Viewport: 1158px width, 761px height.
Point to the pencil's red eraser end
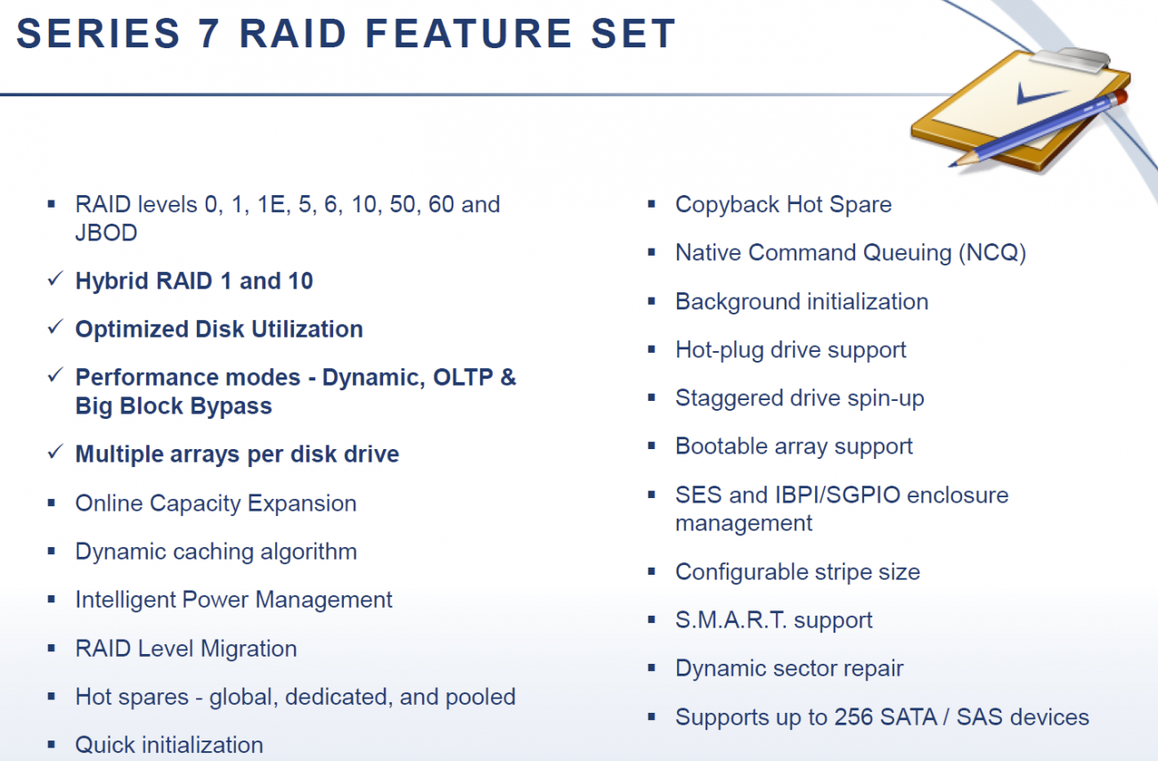[x=1121, y=95]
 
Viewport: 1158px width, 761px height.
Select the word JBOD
[x=106, y=233]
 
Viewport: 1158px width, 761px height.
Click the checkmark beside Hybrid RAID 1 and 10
[x=53, y=281]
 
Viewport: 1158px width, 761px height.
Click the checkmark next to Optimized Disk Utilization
[x=53, y=329]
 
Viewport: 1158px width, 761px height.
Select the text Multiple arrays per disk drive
[x=237, y=454]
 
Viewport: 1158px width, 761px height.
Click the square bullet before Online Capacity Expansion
[x=52, y=503]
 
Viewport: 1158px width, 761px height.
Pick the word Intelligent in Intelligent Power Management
[x=126, y=600]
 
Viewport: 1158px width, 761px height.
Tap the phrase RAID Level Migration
[x=186, y=648]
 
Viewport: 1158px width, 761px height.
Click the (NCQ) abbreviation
[x=992, y=252]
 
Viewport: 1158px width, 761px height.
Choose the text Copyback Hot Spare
[x=783, y=204]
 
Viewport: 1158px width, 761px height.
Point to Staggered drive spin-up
[x=799, y=397]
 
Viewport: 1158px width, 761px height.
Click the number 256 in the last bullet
[x=853, y=716]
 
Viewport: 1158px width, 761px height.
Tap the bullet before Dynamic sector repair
[x=652, y=668]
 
